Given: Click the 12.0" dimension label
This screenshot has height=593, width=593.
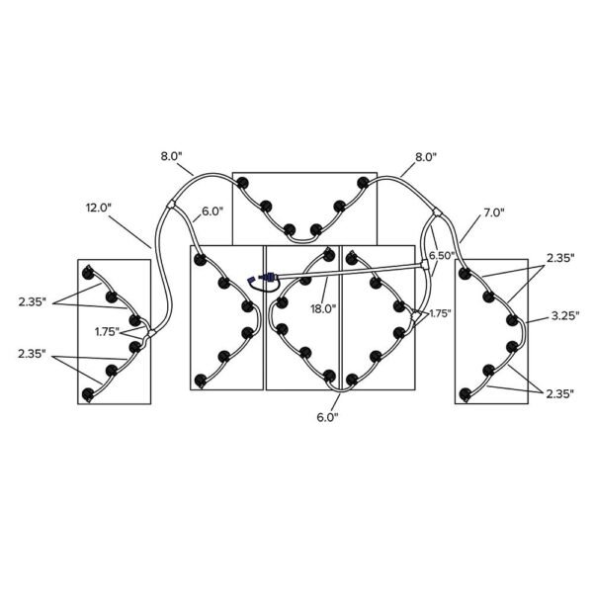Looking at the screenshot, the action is click(x=99, y=208).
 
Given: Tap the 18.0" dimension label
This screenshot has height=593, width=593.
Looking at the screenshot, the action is click(x=323, y=309).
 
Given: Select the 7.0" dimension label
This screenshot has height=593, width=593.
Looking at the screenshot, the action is click(x=493, y=212).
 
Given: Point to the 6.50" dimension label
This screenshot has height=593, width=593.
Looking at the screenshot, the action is click(x=442, y=256).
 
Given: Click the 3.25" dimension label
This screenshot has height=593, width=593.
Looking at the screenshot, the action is click(x=565, y=316).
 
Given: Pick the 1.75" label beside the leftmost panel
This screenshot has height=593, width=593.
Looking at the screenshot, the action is click(x=108, y=332).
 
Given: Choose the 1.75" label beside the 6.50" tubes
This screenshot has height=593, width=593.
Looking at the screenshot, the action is click(x=439, y=313).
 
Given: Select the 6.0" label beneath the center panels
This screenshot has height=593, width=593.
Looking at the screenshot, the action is click(x=327, y=417).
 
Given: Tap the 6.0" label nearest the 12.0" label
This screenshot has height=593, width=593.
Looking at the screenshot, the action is click(x=212, y=212).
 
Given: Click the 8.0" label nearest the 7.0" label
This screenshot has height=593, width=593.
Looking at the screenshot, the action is click(x=426, y=157).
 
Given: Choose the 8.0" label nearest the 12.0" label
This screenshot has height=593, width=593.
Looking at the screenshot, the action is click(x=172, y=156).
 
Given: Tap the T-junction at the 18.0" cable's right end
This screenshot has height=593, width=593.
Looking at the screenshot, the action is click(x=425, y=265).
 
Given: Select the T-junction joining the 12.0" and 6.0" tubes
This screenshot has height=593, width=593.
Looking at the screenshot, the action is click(x=171, y=205).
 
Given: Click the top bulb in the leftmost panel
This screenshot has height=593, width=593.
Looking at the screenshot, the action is click(x=89, y=273).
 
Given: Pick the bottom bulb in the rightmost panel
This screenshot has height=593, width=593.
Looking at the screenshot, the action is click(x=466, y=394).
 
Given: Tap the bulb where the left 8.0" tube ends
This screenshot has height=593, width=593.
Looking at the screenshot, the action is click(x=242, y=184).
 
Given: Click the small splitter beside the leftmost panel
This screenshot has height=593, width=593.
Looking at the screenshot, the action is click(x=151, y=333).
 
